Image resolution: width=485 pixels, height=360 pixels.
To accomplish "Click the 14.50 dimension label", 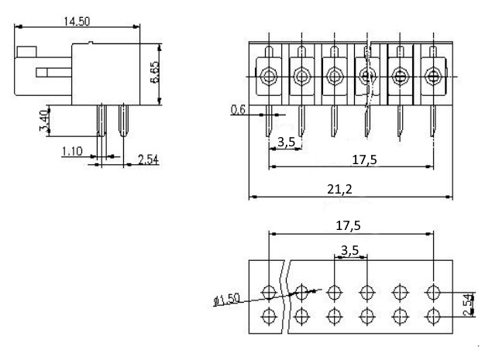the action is (x=77, y=22).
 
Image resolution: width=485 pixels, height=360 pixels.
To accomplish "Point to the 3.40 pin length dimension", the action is (x=44, y=120).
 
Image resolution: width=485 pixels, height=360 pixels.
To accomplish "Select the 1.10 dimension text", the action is (x=72, y=151).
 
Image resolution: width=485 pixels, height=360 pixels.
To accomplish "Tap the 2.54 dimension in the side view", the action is (x=148, y=159).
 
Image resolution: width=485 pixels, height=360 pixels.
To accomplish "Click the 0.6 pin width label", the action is (x=238, y=109).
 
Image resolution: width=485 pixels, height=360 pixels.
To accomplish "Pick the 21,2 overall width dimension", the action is (x=339, y=189).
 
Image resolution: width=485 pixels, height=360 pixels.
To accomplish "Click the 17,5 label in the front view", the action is (x=365, y=159).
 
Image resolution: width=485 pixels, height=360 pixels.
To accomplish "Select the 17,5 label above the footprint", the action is (x=349, y=225).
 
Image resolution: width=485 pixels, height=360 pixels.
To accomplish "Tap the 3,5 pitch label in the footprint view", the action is (x=350, y=250).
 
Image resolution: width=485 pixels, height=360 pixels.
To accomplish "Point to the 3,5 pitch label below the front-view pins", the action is (x=287, y=142).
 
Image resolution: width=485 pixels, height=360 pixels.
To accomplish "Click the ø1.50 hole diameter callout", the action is (x=227, y=300).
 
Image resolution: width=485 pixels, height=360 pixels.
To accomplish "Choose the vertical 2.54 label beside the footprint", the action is (x=469, y=304).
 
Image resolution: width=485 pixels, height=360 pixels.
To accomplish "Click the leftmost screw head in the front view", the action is (x=269, y=76).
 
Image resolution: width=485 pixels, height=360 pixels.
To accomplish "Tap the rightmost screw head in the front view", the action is (x=433, y=76).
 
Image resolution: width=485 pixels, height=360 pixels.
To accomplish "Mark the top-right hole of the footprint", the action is (x=433, y=292).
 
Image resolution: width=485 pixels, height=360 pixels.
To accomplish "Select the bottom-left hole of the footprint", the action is (x=269, y=316).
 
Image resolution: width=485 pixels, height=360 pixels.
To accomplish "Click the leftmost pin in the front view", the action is (x=269, y=121).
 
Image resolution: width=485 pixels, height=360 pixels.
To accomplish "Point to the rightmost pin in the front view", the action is (x=433, y=121).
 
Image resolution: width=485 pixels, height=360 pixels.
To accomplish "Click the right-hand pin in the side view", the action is (x=123, y=121).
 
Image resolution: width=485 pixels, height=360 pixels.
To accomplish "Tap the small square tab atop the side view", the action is (x=26, y=52).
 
